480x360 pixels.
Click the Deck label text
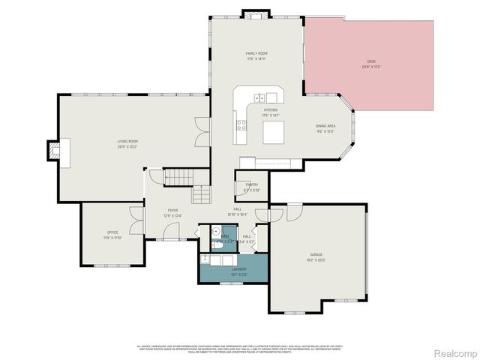(x=370, y=61)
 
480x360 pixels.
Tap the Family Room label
(x=257, y=54)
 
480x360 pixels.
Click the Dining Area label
(x=325, y=127)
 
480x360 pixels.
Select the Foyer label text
(x=172, y=211)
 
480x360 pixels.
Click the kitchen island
(x=274, y=133)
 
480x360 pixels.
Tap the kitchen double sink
(x=259, y=97)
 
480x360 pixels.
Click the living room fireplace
(x=53, y=150)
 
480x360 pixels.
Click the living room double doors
(x=199, y=132)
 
